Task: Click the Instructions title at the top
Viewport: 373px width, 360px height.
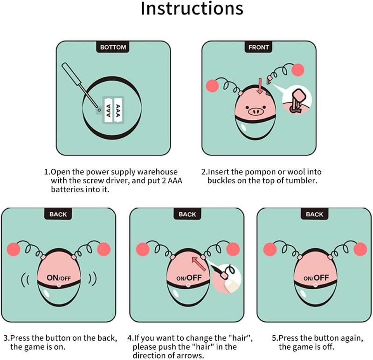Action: click(192, 8)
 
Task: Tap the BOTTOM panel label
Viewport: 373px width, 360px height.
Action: click(113, 47)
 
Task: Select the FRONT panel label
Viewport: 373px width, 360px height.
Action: click(259, 47)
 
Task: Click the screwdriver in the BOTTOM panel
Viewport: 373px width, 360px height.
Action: click(80, 85)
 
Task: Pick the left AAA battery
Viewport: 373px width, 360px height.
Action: click(108, 110)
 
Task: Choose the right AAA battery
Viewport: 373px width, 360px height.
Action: click(118, 110)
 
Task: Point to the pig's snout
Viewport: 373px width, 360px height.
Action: click(256, 111)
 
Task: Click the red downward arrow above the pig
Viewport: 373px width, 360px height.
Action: click(260, 86)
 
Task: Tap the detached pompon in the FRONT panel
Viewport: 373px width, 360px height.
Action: click(298, 70)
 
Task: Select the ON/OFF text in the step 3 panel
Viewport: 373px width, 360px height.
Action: click(59, 277)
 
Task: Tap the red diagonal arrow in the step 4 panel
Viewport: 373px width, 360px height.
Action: click(199, 264)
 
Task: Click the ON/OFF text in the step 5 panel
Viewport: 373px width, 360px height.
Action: click(316, 277)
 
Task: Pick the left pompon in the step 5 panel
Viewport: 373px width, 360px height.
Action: click(270, 249)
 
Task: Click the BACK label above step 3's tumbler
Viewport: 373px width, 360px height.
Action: click(58, 214)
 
